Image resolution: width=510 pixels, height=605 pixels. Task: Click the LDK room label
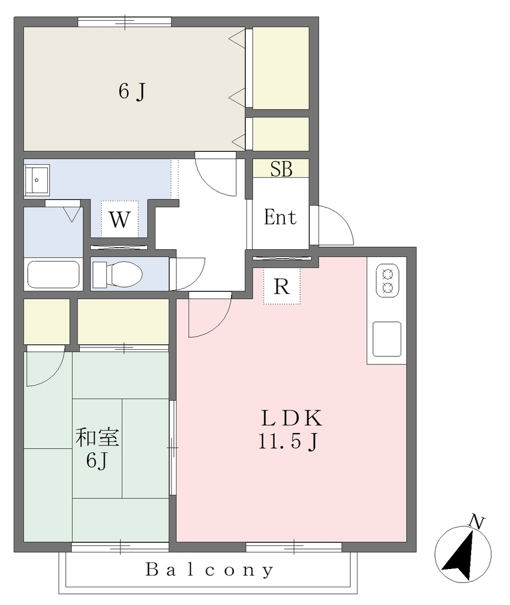click(292, 418)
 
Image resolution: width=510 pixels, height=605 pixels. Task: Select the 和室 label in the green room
click(98, 438)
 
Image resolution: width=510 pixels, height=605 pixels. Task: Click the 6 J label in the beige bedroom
click(132, 92)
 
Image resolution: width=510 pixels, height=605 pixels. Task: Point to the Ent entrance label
click(280, 217)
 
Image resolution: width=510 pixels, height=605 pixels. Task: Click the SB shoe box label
click(281, 169)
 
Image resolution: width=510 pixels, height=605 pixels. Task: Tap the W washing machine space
click(120, 219)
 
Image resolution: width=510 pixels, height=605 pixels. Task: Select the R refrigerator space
click(282, 287)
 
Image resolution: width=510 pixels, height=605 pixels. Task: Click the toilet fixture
click(118, 274)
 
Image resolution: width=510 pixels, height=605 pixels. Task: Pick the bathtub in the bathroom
click(53, 274)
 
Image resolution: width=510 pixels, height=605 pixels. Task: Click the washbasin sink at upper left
click(37, 180)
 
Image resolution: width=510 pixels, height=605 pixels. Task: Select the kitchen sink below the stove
click(387, 339)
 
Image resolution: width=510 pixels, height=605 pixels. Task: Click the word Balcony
click(210, 570)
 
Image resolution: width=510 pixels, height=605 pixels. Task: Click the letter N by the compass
click(476, 522)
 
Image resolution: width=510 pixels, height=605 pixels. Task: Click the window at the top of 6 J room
click(125, 22)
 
